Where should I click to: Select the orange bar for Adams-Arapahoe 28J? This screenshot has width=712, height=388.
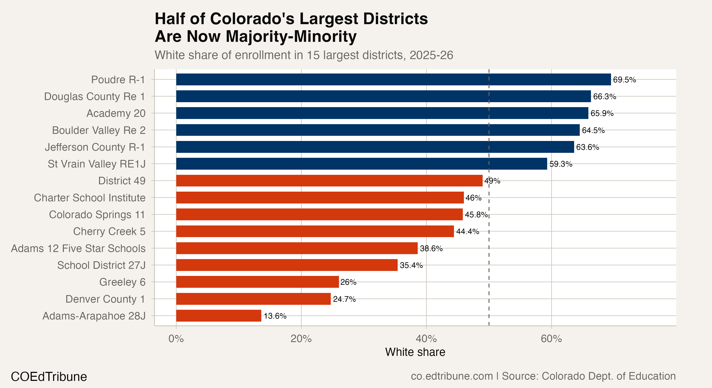click(218, 316)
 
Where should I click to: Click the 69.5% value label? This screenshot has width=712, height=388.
click(624, 80)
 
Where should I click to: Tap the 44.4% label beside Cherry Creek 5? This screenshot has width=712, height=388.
click(467, 232)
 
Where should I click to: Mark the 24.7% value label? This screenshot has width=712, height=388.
click(344, 299)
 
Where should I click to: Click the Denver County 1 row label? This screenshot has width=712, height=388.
click(105, 299)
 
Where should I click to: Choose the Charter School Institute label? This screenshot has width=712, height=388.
click(90, 198)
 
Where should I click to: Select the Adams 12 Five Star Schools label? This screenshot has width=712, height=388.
click(78, 248)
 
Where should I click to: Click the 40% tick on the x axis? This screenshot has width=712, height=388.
click(426, 339)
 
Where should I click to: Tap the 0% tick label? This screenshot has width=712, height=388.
click(176, 339)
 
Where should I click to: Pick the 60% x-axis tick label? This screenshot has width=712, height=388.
click(551, 339)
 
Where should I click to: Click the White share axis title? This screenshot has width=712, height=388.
click(415, 352)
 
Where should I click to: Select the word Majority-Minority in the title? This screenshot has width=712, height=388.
click(291, 36)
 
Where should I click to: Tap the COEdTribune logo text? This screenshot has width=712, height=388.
click(49, 377)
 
